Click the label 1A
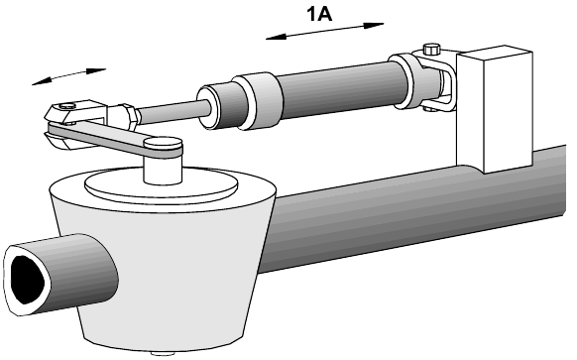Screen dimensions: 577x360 click(319, 15)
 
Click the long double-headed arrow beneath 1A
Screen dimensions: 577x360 click(324, 31)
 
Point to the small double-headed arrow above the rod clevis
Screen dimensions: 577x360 click(68, 76)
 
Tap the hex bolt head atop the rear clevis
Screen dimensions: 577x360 click(432, 49)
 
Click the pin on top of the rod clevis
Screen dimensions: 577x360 click(67, 106)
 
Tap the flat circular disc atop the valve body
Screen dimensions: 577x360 click(160, 185)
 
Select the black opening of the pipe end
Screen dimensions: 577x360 click(28, 279)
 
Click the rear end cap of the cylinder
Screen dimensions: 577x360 click(404, 81)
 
